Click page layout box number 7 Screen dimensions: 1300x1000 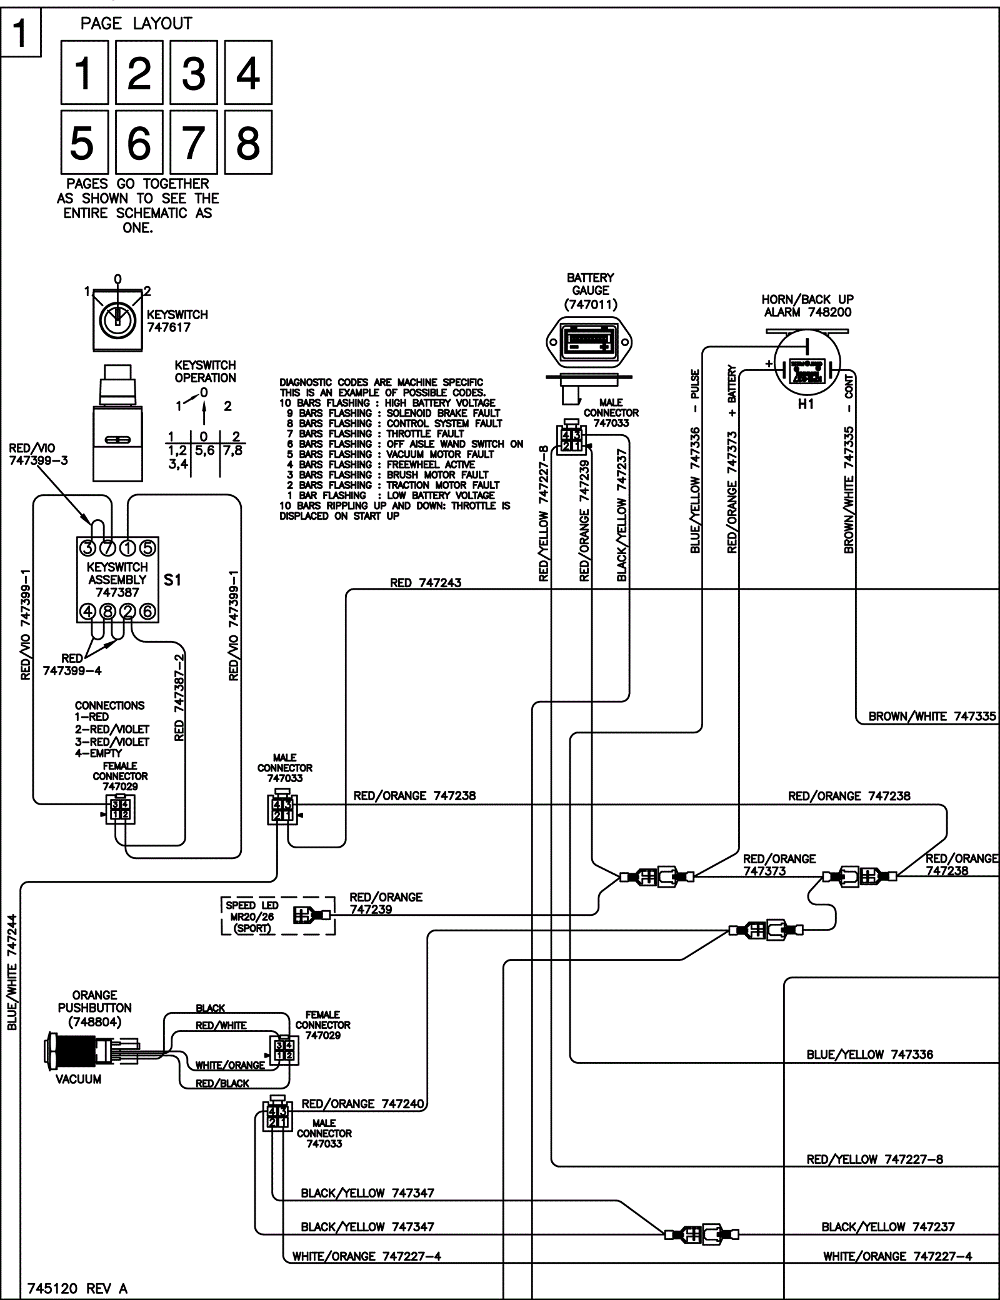(x=193, y=142)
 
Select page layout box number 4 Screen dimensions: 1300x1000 (x=248, y=72)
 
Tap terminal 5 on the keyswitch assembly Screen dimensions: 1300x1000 (x=147, y=548)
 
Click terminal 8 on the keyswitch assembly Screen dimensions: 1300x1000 (x=107, y=611)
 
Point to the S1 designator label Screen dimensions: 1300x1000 (x=172, y=580)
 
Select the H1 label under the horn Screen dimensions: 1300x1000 (x=806, y=404)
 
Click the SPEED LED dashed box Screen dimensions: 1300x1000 (x=278, y=916)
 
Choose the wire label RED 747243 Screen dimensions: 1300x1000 (x=426, y=583)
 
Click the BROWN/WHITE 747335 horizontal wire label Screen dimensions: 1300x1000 (x=932, y=717)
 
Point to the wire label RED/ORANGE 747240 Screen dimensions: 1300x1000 (x=363, y=1104)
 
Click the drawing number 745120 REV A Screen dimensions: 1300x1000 (x=77, y=1288)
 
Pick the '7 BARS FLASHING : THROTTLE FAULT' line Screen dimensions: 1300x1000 (x=375, y=434)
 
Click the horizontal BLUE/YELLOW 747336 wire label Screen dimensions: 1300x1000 (x=869, y=1054)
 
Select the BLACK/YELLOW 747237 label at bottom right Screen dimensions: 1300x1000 (x=887, y=1226)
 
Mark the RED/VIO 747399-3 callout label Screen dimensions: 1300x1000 (x=39, y=454)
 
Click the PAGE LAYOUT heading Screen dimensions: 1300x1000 (x=136, y=24)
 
